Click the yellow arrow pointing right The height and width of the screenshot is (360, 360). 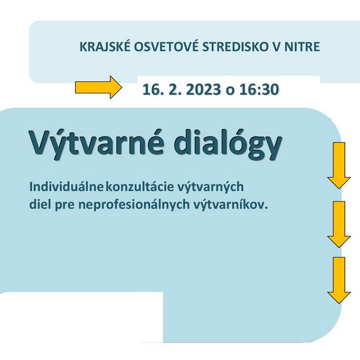click(98, 87)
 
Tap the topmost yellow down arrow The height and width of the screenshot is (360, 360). click(339, 165)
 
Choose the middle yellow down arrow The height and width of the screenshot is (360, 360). click(339, 224)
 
